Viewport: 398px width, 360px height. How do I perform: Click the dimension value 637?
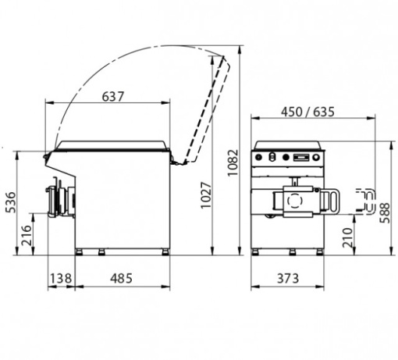(113, 97)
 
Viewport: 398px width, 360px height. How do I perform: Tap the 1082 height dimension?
(233, 162)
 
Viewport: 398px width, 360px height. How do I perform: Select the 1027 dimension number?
(206, 195)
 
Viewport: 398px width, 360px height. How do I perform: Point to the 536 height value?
(11, 202)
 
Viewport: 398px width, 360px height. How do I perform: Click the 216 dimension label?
(27, 235)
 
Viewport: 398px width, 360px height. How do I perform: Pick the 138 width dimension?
(61, 278)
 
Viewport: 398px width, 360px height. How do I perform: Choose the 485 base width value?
(121, 278)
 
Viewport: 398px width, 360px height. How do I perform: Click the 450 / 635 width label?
(307, 112)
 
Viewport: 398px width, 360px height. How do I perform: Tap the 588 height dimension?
(385, 212)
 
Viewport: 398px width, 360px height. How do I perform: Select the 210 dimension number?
(347, 237)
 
